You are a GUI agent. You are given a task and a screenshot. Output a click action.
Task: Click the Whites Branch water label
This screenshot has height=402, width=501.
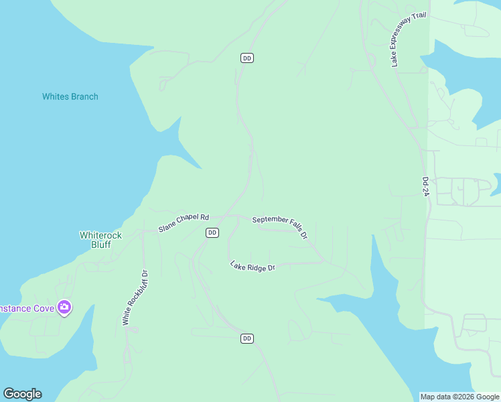(x=70, y=96)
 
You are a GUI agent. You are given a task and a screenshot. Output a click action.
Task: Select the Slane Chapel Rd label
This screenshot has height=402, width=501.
(x=184, y=223)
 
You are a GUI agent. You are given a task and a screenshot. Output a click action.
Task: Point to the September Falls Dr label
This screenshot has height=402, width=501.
(x=280, y=226)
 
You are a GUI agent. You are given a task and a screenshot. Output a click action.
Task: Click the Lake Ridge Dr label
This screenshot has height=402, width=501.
(x=253, y=266)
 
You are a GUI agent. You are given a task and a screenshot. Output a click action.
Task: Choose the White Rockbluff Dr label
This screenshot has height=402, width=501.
(x=135, y=297)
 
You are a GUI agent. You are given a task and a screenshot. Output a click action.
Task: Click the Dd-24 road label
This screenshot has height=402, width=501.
(x=425, y=186)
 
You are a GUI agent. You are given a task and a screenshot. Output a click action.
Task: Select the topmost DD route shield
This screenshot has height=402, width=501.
(x=246, y=58)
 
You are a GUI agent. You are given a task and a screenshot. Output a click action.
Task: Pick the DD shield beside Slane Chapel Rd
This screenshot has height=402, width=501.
(x=212, y=232)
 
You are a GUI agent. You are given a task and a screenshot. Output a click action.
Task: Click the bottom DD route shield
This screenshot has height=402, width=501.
(x=246, y=338)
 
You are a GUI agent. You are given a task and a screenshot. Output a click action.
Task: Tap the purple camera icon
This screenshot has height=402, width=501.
(x=64, y=308)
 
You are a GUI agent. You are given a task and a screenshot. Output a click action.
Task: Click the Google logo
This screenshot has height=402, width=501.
(x=22, y=394)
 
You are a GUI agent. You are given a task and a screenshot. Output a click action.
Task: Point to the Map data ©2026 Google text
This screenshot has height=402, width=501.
(x=459, y=397)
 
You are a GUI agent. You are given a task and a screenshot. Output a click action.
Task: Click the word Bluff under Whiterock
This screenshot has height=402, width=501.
(x=101, y=245)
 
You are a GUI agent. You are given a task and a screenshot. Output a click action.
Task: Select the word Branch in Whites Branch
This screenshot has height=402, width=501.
(x=84, y=96)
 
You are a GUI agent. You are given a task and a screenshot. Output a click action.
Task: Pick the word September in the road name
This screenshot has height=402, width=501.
(x=270, y=220)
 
